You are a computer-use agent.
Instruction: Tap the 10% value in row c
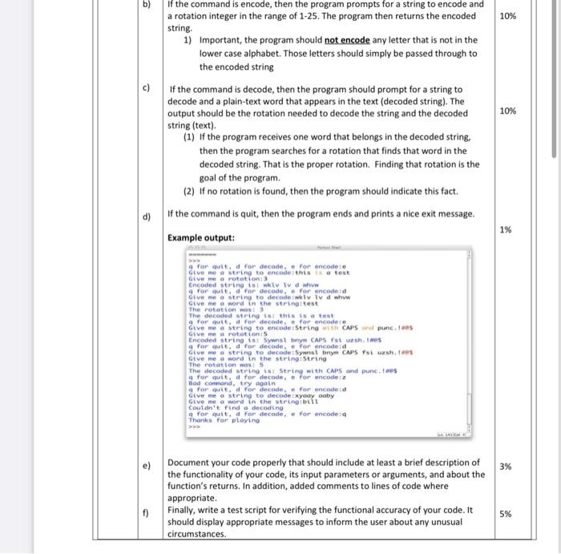[x=507, y=111]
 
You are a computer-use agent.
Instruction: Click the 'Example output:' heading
[x=201, y=238]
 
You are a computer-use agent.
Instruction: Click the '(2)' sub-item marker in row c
[x=190, y=192]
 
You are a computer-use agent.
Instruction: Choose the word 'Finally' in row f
[x=186, y=509]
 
